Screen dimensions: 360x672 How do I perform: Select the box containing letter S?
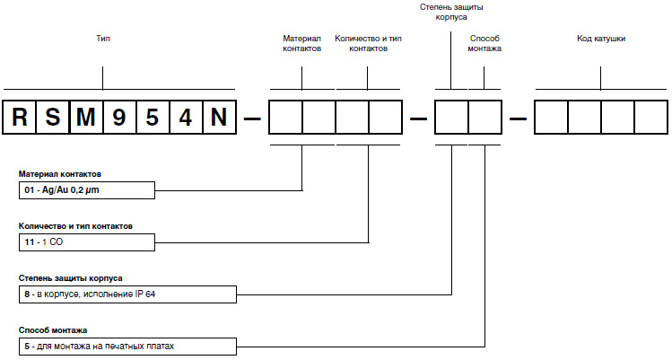click(54, 118)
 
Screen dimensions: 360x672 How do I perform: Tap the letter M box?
click(87, 118)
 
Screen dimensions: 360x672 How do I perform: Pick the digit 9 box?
click(120, 118)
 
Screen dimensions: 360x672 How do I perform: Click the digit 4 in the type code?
click(186, 118)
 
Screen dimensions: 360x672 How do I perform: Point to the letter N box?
click(219, 118)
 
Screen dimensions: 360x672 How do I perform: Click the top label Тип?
click(103, 40)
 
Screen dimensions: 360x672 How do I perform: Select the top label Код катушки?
click(601, 40)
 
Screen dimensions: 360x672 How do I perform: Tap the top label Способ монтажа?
click(485, 44)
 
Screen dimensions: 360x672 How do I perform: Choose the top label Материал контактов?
click(301, 44)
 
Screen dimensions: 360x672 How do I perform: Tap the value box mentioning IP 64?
click(126, 294)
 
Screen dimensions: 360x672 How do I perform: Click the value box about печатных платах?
click(126, 346)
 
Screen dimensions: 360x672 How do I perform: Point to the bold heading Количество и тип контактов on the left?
click(75, 226)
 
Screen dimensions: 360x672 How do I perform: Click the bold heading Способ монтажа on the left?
click(52, 330)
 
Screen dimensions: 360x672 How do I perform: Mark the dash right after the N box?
click(253, 118)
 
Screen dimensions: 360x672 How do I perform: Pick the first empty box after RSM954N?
click(286, 118)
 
